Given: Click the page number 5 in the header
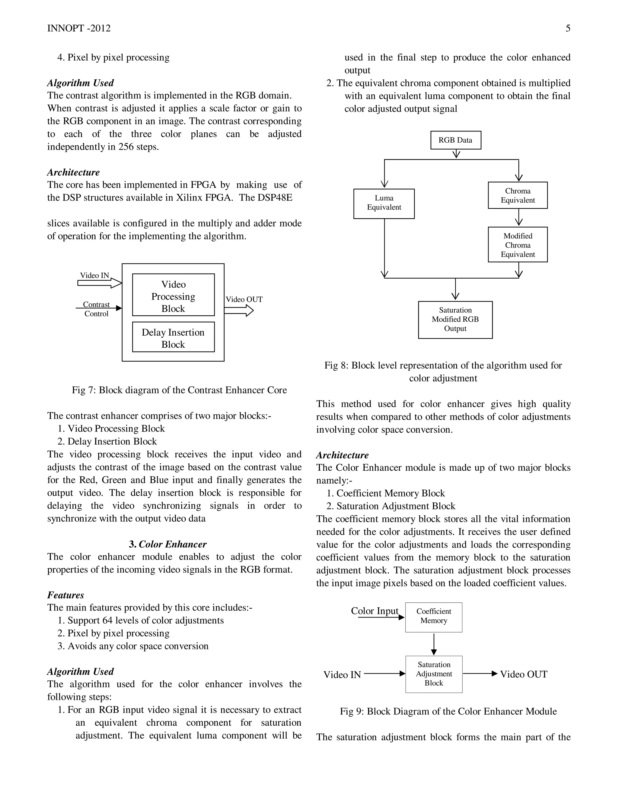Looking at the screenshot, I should click(x=568, y=29).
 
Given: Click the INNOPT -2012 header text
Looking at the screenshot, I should click(x=79, y=29).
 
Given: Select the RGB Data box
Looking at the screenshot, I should click(x=455, y=140).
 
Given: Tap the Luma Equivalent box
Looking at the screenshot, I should click(x=384, y=204).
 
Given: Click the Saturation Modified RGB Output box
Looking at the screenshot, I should click(x=455, y=319).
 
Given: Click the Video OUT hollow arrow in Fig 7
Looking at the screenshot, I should click(x=239, y=311).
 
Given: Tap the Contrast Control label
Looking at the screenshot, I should click(x=96, y=309).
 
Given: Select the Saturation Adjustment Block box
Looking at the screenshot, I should click(x=434, y=674).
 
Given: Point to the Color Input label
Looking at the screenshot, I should click(x=374, y=611).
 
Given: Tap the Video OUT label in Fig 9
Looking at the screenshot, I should click(x=524, y=674).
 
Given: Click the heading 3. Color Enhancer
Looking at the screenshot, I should click(x=168, y=544).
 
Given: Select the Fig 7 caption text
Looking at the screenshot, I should click(x=179, y=390).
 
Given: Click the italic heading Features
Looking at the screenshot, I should click(x=65, y=595).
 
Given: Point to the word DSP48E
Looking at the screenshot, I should click(x=275, y=197).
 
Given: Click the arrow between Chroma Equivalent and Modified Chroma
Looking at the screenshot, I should click(x=518, y=217).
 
